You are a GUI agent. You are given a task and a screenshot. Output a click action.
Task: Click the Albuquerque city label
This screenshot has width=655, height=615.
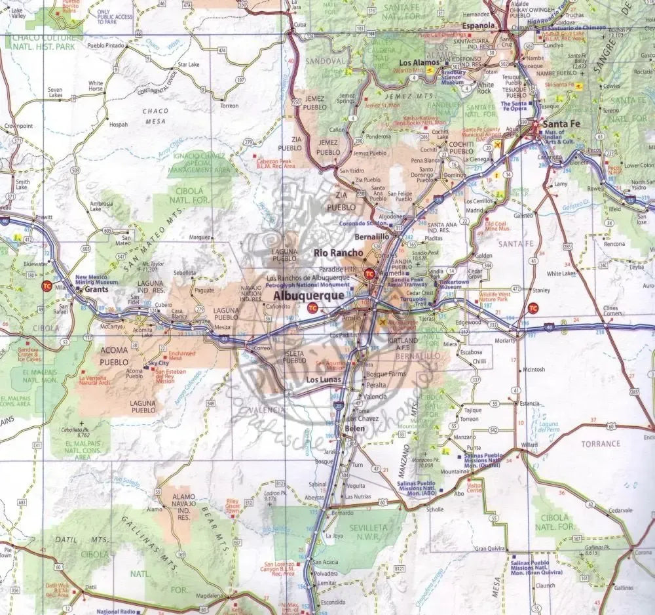307,296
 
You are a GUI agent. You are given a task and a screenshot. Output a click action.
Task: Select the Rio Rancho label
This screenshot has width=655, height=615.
338,253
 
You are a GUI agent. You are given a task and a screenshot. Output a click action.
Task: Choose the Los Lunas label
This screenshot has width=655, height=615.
324,380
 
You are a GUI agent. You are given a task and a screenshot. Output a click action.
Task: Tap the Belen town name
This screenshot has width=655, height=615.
349,428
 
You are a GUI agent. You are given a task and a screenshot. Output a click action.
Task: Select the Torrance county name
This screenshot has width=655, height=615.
601,444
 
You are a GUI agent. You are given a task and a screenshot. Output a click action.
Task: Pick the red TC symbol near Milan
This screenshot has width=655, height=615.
47,286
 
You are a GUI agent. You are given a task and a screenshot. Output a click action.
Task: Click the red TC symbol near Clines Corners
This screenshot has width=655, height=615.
534,307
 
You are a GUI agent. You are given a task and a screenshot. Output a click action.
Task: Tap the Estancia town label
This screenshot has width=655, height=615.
527,403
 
